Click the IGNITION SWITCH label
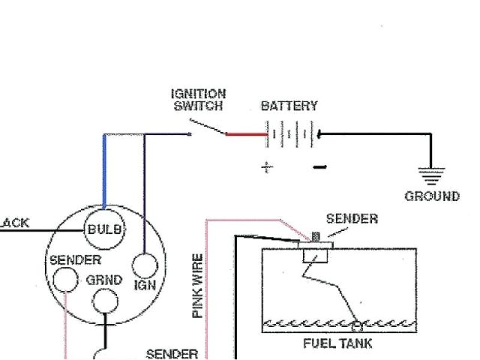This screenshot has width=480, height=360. (198, 100)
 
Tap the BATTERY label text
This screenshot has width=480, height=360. (289, 106)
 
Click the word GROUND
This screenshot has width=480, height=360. (432, 196)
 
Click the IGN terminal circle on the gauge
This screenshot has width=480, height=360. (144, 265)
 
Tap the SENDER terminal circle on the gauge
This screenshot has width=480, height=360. (64, 280)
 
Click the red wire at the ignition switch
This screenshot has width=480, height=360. (247, 135)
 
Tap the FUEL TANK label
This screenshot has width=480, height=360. (337, 344)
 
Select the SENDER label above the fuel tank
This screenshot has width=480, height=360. (352, 219)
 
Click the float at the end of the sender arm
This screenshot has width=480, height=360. (357, 326)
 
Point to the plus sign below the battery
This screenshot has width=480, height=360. (266, 167)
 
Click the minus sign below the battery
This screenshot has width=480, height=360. (317, 166)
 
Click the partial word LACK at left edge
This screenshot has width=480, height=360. (13, 223)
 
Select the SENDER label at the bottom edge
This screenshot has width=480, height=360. (172, 354)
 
